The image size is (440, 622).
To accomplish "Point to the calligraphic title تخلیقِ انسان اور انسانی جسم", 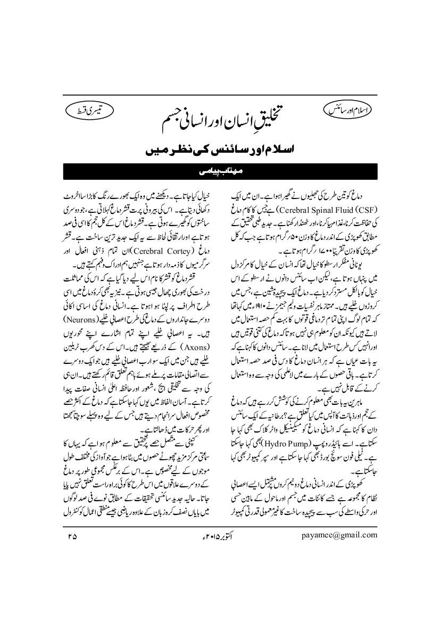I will pyautogui.click(x=219, y=124).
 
